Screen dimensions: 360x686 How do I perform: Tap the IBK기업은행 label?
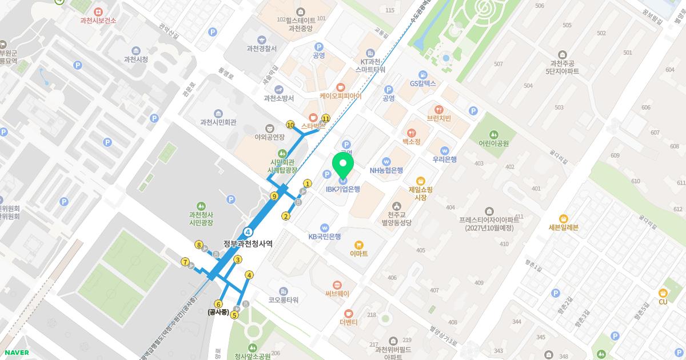pyautogui.click(x=342, y=189)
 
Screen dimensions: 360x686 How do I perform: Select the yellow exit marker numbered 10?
pyautogui.click(x=290, y=125)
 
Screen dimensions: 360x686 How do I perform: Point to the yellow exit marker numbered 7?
pyautogui.click(x=185, y=262)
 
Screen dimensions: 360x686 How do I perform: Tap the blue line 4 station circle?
pyautogui.click(x=248, y=231)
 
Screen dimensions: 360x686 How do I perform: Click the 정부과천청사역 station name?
pyautogui.click(x=248, y=243)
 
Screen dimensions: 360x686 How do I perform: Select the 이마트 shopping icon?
pyautogui.click(x=359, y=244)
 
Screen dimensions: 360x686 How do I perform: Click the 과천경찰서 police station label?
pyautogui.click(x=261, y=49)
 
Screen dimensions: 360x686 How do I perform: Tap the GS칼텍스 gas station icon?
pyautogui.click(x=422, y=74)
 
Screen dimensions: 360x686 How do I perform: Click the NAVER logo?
pyautogui.click(x=16, y=353)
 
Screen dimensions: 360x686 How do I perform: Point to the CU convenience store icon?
pyautogui.click(x=663, y=293)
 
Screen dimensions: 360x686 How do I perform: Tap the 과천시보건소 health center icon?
pyautogui.click(x=98, y=11)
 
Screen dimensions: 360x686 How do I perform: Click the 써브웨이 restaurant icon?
pyautogui.click(x=337, y=285)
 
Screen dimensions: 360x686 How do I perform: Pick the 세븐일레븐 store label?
pyautogui.click(x=563, y=227)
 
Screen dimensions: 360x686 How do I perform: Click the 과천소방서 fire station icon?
pyautogui.click(x=279, y=89)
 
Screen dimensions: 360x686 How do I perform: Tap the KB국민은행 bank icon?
pyautogui.click(x=325, y=227)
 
